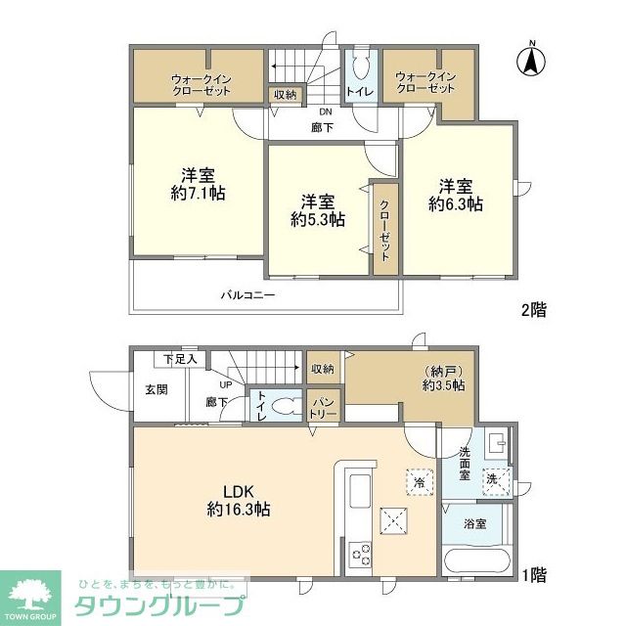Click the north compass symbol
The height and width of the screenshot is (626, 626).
(x=531, y=61)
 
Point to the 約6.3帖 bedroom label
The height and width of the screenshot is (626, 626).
(x=456, y=195)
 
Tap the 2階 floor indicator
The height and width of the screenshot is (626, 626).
(x=533, y=310)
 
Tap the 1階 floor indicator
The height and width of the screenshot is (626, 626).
(x=533, y=575)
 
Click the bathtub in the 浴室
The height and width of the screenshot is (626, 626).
(x=475, y=564)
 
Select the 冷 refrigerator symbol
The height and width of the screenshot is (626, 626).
(x=418, y=482)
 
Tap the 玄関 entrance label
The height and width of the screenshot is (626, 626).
(x=156, y=390)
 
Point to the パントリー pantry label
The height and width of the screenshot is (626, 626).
(x=324, y=407)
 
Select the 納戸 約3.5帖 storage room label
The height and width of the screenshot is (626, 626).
(x=438, y=378)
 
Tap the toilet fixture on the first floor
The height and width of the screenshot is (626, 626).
(x=284, y=406)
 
